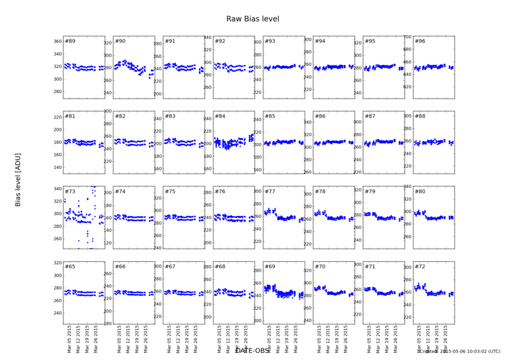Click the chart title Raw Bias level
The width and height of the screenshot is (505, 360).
point(252,19)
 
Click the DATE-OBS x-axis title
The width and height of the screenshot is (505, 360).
point(252,351)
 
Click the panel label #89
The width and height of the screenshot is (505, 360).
point(70,42)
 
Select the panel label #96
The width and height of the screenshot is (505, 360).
point(420,42)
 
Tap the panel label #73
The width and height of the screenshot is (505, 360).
point(70,192)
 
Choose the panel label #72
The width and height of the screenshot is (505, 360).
point(420,266)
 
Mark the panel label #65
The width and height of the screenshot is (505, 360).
point(70,266)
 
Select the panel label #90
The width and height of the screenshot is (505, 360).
point(120,42)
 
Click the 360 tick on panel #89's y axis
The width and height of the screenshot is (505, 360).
point(57,42)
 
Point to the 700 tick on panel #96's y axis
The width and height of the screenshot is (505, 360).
point(407,37)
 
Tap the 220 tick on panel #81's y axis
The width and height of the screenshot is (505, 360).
point(57,117)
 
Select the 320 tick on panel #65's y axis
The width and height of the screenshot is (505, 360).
point(57,263)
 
